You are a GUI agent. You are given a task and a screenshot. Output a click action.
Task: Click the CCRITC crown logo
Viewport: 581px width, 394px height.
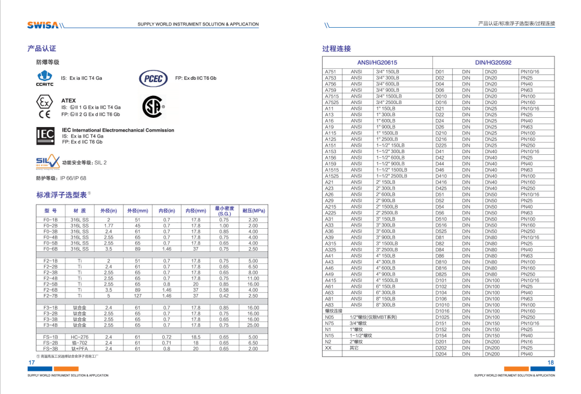(x=45, y=78)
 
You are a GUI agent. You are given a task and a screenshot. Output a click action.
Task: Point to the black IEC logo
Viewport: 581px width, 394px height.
(x=45, y=136)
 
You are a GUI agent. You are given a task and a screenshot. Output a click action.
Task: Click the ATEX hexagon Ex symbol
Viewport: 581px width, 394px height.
(x=44, y=105)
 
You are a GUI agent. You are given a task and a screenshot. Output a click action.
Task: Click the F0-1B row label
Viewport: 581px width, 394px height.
(x=51, y=220)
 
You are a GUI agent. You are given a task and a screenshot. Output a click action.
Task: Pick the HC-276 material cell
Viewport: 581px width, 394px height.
(x=79, y=337)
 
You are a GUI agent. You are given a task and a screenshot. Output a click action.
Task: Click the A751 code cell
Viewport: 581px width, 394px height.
(x=330, y=71)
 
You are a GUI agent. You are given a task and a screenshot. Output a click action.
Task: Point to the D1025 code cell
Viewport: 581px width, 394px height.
(x=442, y=317)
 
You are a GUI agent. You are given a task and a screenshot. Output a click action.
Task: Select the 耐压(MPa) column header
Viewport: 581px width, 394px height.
(x=253, y=210)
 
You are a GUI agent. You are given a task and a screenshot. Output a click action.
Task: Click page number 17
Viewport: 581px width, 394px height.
(x=31, y=363)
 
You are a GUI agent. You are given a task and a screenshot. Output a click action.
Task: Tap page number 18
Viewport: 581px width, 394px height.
(x=550, y=363)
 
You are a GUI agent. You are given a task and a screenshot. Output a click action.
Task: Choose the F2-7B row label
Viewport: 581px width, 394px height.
(x=51, y=296)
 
